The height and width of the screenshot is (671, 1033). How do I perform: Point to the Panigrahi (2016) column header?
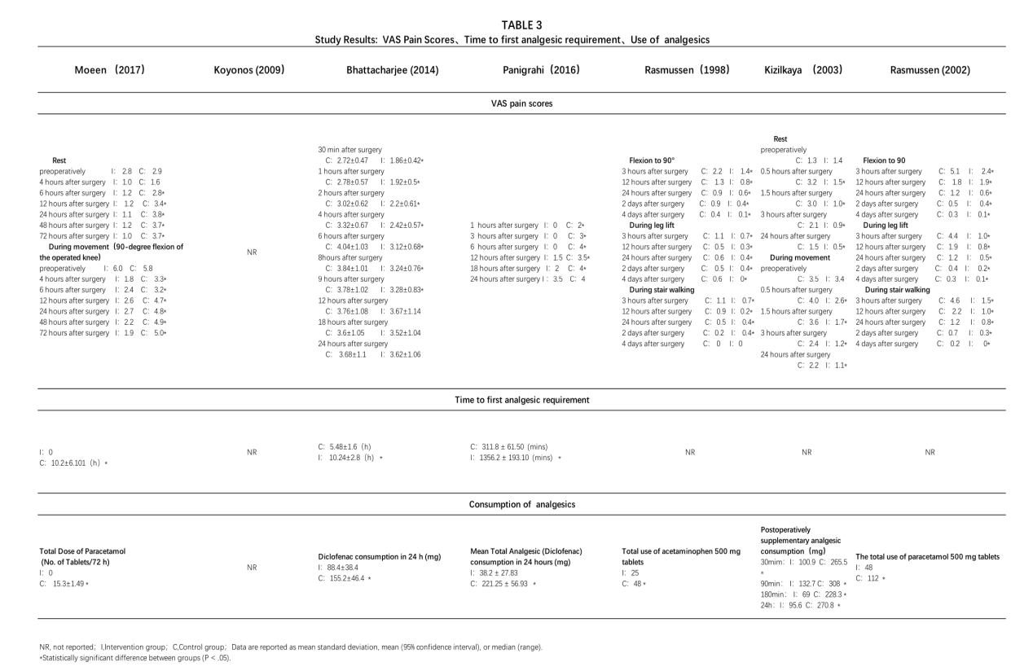point(541,70)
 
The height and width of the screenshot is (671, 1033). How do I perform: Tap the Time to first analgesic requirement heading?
point(521,400)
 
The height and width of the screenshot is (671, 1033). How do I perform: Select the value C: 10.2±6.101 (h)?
point(73,463)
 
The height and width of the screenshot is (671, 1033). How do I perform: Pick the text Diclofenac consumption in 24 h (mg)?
point(379,557)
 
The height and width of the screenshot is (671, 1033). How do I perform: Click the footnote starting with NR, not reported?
point(290,647)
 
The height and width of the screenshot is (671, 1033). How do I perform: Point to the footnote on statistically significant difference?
point(134,657)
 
